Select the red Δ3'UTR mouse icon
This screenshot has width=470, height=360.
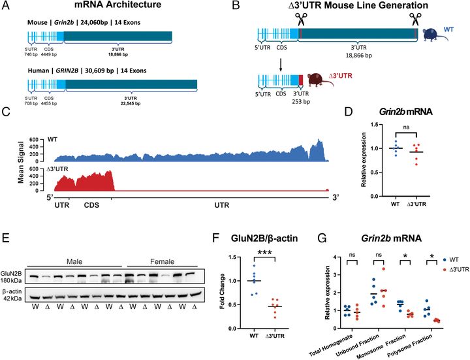(320, 82)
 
